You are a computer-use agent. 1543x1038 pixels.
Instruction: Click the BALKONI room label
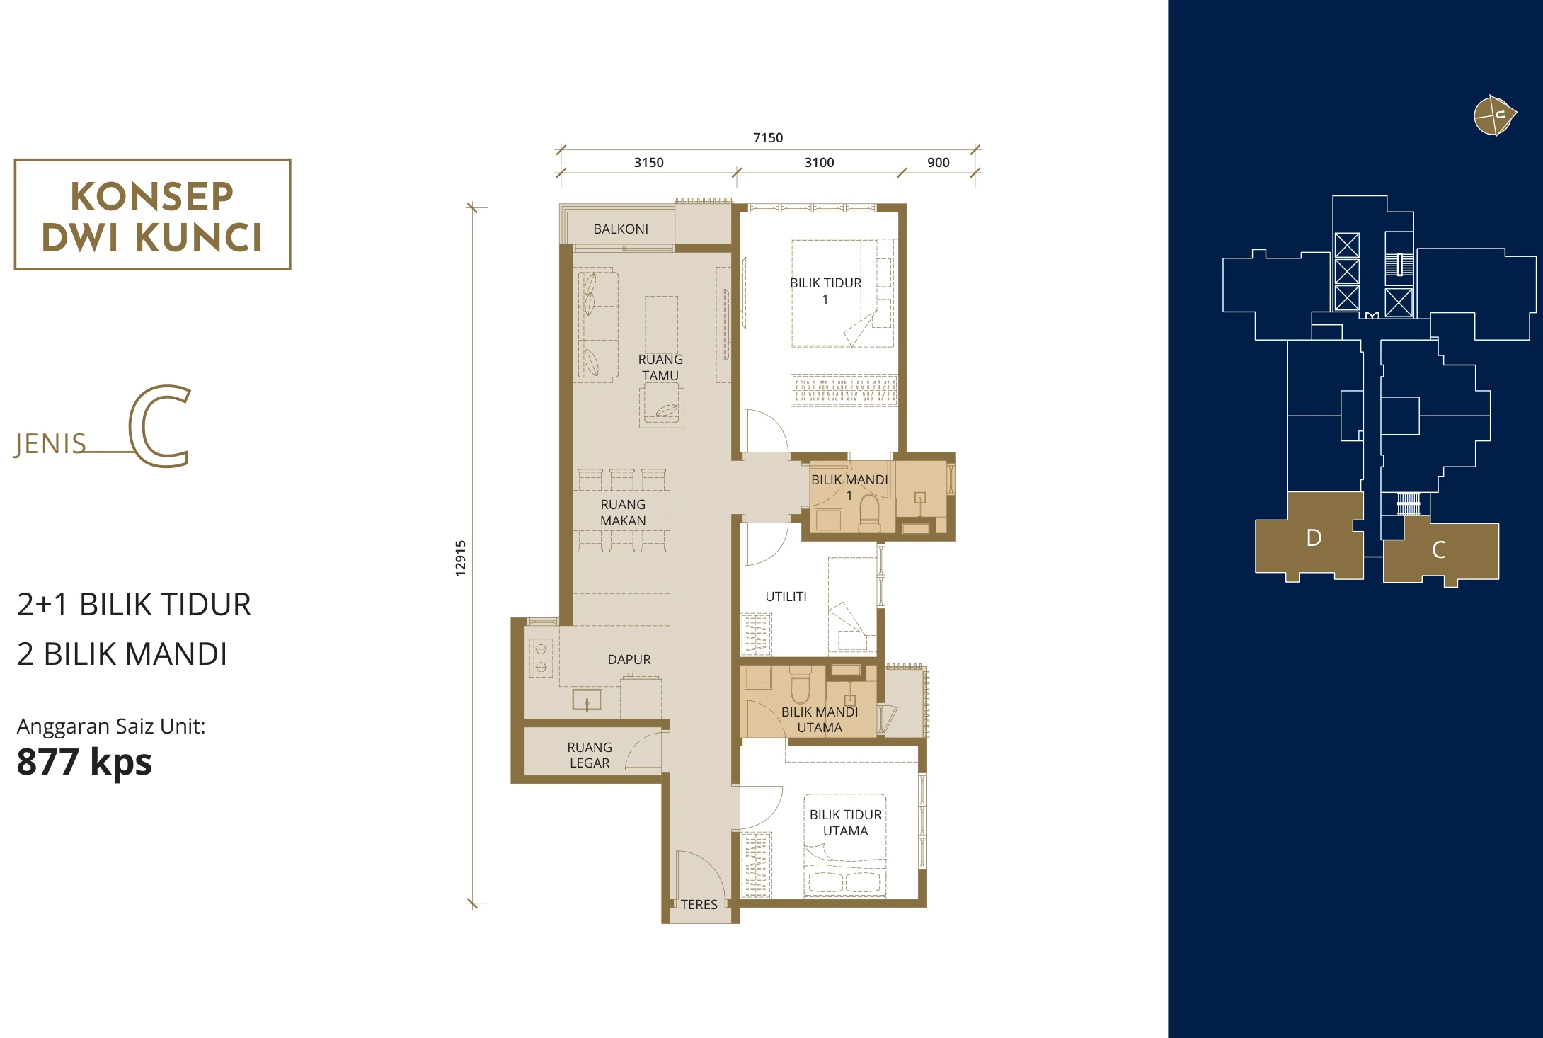pyautogui.click(x=621, y=229)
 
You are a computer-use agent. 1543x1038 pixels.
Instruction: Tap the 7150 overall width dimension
pyautogui.click(x=768, y=137)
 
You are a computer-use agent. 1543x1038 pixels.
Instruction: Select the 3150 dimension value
pyautogui.click(x=648, y=162)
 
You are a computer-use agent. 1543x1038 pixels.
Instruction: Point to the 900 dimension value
pyautogui.click(x=939, y=162)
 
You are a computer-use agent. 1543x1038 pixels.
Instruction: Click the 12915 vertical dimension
pyautogui.click(x=461, y=558)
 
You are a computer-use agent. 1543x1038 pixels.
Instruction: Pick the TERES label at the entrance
pyautogui.click(x=699, y=904)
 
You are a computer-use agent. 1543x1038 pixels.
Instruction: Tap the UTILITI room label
pyautogui.click(x=786, y=596)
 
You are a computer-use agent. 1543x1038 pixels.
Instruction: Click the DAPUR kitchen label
pyautogui.click(x=629, y=659)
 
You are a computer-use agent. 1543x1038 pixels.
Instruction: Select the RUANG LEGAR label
pyautogui.click(x=590, y=755)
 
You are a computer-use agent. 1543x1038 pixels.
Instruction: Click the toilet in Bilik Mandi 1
pyautogui.click(x=870, y=513)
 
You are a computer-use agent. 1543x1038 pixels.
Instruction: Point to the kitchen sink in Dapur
pyautogui.click(x=587, y=700)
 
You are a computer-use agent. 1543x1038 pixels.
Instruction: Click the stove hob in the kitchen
pyautogui.click(x=541, y=657)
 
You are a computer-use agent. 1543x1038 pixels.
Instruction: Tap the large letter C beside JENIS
pyautogui.click(x=160, y=426)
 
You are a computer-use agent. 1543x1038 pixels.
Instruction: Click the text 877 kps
pyautogui.click(x=84, y=762)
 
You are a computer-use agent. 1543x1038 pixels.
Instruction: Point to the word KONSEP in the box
pyautogui.click(x=152, y=196)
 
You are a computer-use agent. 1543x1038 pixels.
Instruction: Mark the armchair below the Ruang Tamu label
pyautogui.click(x=662, y=406)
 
